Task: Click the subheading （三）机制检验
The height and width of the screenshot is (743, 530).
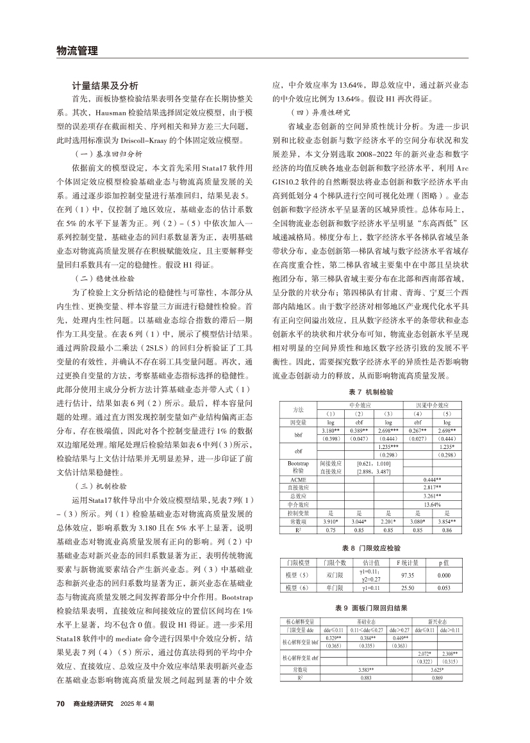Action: (103, 487)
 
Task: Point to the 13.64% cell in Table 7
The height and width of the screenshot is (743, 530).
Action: (431, 504)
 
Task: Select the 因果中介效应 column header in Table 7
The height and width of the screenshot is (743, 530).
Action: (431, 405)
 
